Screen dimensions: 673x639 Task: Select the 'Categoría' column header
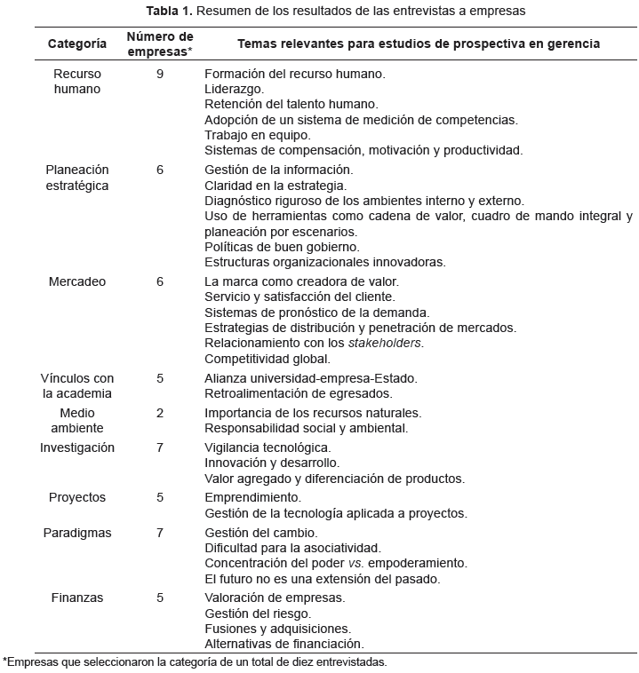click(77, 44)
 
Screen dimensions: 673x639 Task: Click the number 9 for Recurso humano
click(160, 74)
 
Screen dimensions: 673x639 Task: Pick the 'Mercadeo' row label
click(77, 281)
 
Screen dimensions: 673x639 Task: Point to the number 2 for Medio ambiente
click(160, 413)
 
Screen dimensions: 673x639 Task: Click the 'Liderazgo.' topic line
click(234, 89)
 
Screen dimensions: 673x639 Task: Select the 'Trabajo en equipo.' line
click(257, 135)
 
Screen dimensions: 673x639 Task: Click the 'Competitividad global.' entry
click(267, 359)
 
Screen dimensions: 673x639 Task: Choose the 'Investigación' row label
click(77, 447)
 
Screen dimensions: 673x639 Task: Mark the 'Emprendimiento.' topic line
click(252, 497)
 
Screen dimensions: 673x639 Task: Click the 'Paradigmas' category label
click(77, 533)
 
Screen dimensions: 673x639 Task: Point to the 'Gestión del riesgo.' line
click(258, 613)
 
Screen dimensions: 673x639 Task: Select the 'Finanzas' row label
click(77, 598)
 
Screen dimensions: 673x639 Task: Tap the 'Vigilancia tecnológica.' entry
click(267, 447)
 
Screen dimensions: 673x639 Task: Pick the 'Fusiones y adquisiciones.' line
click(277, 629)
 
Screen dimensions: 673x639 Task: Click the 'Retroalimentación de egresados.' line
click(298, 393)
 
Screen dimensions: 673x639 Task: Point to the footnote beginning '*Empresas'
click(196, 661)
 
